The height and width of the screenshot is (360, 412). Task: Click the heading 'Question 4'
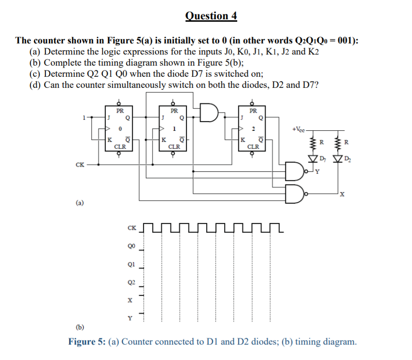[211, 15]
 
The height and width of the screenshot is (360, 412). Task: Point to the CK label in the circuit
[80, 165]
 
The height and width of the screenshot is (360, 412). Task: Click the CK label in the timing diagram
[131, 227]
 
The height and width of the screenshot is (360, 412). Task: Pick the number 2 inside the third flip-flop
[251, 129]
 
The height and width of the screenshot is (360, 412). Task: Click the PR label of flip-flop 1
[174, 110]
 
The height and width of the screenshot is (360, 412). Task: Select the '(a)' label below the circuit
[79, 204]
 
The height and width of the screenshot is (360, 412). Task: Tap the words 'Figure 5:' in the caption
[87, 342]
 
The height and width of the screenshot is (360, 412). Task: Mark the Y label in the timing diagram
[129, 318]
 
